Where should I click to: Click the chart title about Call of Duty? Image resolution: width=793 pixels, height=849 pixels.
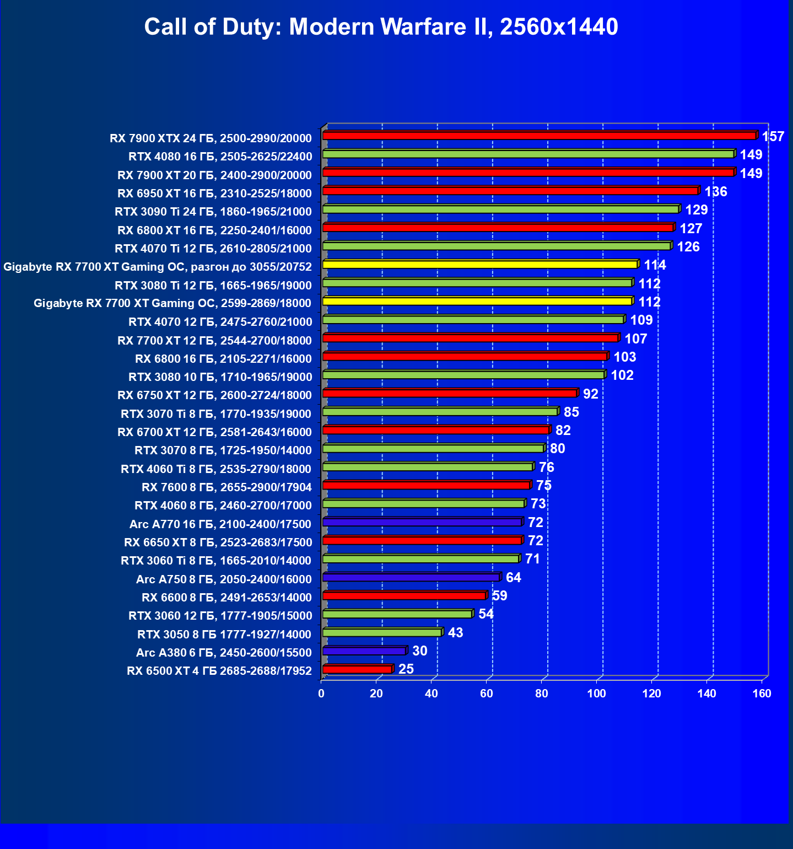point(381,26)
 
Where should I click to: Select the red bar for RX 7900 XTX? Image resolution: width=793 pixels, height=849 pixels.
point(539,136)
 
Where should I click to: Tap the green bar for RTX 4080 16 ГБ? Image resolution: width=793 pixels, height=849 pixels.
point(528,154)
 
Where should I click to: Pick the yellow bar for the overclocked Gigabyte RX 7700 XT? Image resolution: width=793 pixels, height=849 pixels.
point(479,265)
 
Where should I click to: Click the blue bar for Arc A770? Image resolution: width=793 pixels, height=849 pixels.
point(422,522)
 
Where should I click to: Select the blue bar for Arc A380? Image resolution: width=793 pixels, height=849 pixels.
point(364,651)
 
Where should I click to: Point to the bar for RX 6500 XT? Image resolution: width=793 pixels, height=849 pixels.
point(357,669)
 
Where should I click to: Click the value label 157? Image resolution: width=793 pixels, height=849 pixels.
point(773,137)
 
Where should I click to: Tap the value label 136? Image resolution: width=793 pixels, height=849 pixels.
point(716,192)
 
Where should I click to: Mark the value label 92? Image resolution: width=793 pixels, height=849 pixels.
point(590,394)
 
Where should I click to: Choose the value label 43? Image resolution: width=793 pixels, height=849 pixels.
point(455,633)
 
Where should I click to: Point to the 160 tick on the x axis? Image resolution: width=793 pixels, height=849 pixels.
point(762,694)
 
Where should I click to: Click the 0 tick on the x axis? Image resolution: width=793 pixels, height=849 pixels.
point(321,694)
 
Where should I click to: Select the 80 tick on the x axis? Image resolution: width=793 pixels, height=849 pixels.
point(542,694)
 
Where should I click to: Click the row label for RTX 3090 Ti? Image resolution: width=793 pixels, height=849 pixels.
point(213,212)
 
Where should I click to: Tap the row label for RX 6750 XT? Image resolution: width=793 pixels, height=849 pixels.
point(214,395)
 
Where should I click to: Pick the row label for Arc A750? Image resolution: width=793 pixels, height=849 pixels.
point(224,579)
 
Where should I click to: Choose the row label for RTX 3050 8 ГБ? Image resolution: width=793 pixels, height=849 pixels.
point(224,635)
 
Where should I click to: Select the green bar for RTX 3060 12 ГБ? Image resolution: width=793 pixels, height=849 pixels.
point(397,614)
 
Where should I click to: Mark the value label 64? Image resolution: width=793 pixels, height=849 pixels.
point(513,578)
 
